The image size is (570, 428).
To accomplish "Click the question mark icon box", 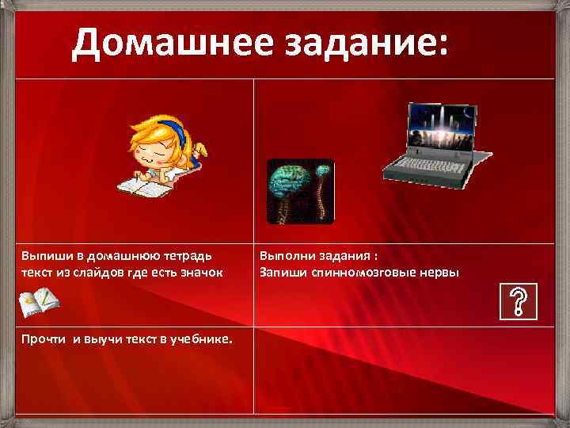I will pyautogui.click(x=519, y=301).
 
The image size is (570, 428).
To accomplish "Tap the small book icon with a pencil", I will pyautogui.click(x=38, y=300).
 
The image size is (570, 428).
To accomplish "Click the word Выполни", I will pyautogui.click(x=287, y=256).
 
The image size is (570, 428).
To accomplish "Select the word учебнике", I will pyautogui.click(x=203, y=338).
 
